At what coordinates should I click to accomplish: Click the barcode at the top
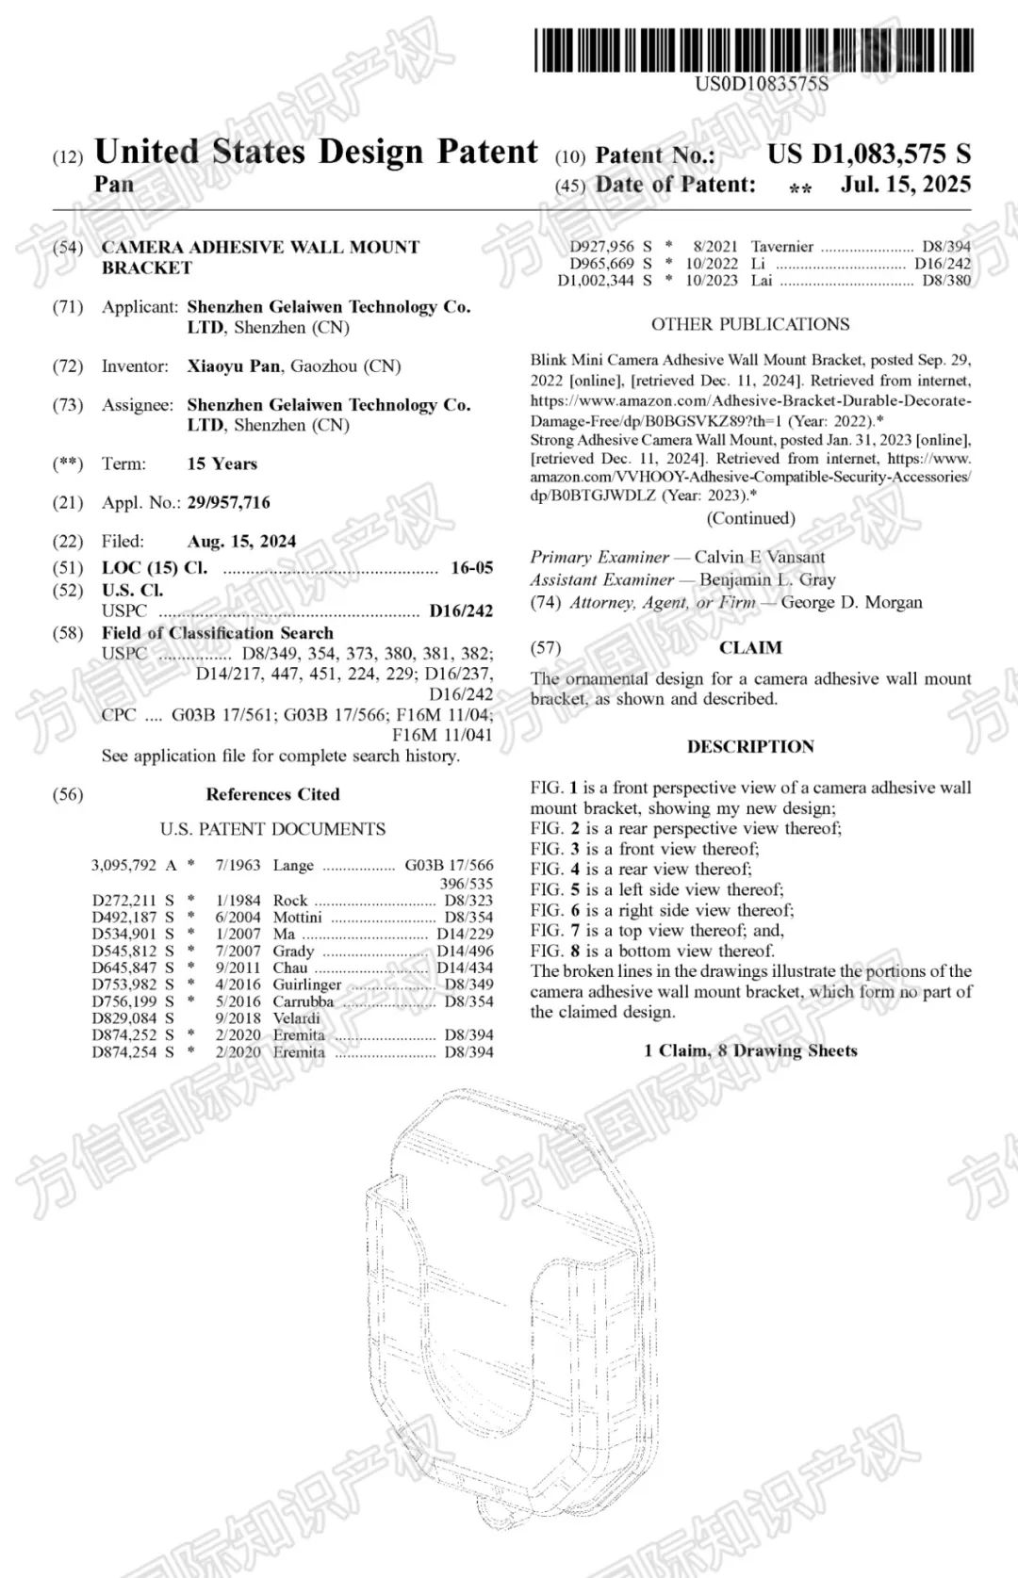coord(754,50)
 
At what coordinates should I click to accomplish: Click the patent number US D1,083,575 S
coord(868,154)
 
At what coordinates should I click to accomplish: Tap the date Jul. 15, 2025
coord(905,184)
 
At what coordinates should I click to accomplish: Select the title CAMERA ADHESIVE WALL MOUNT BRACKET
coord(260,256)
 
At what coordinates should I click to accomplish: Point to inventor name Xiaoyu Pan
coord(233,366)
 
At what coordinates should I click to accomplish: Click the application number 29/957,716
coord(228,502)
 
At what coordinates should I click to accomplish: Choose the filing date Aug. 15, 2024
coord(241,541)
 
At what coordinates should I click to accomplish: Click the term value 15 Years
coord(222,464)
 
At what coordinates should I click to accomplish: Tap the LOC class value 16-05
coord(471,567)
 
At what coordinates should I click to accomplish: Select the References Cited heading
coord(272,794)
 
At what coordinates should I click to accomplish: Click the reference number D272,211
coord(124,900)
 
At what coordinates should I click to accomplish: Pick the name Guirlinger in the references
coord(306,984)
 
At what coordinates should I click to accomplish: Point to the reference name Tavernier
coord(781,246)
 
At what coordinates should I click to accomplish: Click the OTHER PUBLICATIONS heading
coord(750,324)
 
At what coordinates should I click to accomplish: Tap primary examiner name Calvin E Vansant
coord(759,557)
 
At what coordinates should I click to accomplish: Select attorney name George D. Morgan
coord(851,602)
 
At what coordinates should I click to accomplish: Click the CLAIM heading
coord(750,647)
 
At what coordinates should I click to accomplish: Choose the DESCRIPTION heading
coord(750,746)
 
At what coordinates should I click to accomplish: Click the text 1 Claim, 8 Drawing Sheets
coord(750,1050)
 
